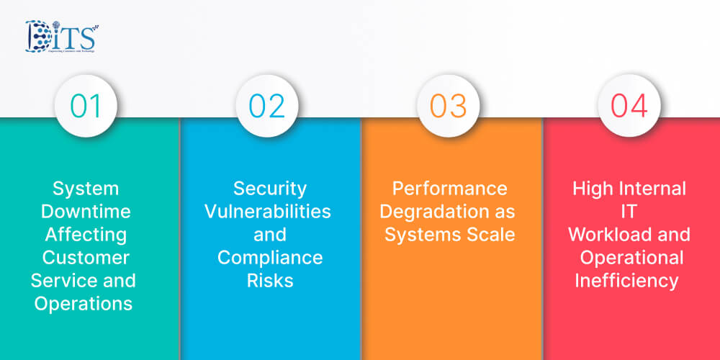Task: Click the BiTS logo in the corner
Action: pyautogui.click(x=61, y=37)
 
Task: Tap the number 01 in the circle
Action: pyautogui.click(x=86, y=106)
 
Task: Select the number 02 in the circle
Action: pyautogui.click(x=268, y=106)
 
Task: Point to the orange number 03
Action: pyautogui.click(x=449, y=106)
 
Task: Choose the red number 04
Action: pyautogui.click(x=630, y=106)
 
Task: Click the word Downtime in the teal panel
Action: pyautogui.click(x=86, y=212)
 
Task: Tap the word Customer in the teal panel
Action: pyautogui.click(x=86, y=257)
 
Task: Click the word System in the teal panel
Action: pyautogui.click(x=86, y=189)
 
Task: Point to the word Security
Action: pyautogui.click(x=270, y=189)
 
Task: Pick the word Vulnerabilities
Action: pyautogui.click(x=268, y=212)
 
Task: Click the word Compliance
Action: pyautogui.click(x=270, y=257)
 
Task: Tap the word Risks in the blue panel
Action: pyautogui.click(x=270, y=280)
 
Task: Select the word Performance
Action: pyautogui.click(x=449, y=189)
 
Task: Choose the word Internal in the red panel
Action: pyautogui.click(x=652, y=189)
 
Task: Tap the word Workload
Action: pyautogui.click(x=605, y=234)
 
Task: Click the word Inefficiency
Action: pyautogui.click(x=626, y=280)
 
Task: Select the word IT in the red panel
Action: pyautogui.click(x=630, y=212)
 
